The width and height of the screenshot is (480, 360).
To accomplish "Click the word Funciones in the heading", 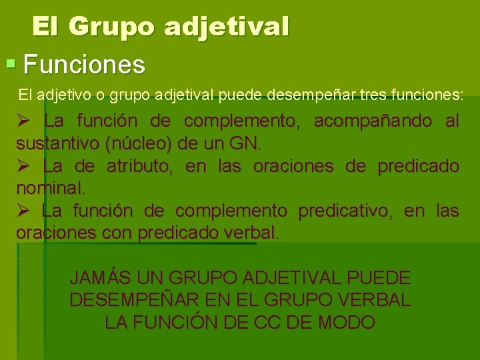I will point(84,65).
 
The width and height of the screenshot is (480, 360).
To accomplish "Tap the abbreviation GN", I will point(245,143).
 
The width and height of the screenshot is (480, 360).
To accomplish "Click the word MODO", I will point(347,323).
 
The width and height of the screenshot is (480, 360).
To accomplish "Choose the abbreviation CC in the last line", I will point(267,323).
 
